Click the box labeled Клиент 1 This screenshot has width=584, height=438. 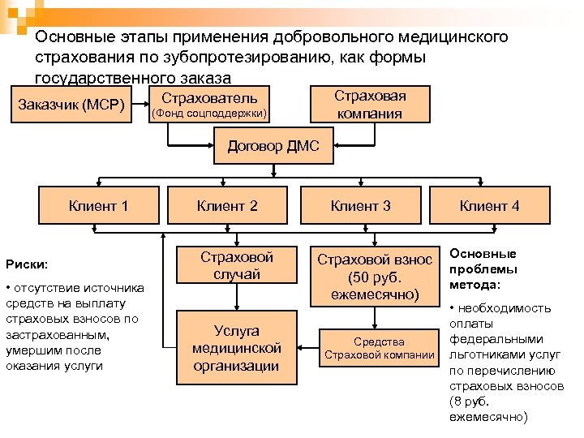tap(100, 206)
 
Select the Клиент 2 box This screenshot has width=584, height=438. tap(228, 206)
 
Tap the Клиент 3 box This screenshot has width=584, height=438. tap(360, 206)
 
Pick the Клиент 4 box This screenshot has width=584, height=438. tap(489, 206)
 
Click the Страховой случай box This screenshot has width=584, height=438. tap(237, 265)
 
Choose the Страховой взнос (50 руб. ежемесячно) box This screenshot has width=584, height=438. tap(375, 277)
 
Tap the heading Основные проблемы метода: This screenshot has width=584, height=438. tap(484, 269)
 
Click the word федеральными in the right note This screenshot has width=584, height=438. tap(494, 340)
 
